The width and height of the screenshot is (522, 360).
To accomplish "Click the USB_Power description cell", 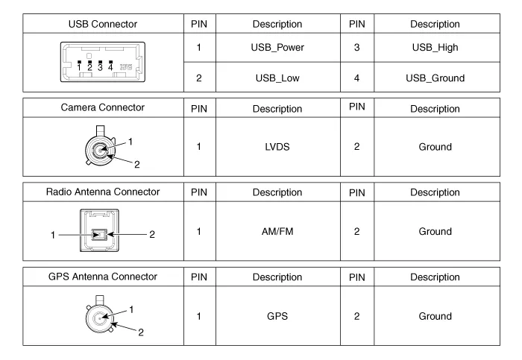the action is point(277,48).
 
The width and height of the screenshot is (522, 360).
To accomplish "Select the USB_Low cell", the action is point(277,78).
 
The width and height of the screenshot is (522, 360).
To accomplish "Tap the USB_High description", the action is point(435,48).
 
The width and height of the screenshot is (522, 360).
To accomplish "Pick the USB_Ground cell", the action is point(435,78).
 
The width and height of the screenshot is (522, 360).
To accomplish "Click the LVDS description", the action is point(277,147).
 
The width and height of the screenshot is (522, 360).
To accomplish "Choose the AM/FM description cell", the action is point(277,231).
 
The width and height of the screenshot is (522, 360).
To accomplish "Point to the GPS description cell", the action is point(277,316).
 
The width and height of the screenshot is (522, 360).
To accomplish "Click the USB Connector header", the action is point(103,24).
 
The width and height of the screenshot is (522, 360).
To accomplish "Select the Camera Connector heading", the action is point(103,107).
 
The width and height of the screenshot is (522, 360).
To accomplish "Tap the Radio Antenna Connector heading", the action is point(103,192).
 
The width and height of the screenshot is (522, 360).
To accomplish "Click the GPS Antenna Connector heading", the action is point(103,277).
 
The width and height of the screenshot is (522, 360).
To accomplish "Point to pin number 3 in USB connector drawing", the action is point(100,68).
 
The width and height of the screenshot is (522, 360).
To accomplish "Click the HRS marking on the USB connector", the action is point(126,67).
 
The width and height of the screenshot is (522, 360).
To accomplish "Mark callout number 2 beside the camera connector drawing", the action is point(136,165).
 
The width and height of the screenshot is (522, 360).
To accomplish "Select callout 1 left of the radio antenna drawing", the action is point(53,236).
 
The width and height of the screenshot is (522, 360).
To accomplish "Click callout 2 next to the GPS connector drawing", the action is point(141,332).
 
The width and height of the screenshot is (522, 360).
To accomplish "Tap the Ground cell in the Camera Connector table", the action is point(435,147).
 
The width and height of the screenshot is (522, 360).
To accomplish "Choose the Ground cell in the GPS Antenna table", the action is point(435,316).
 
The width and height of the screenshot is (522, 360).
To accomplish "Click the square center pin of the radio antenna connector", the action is point(99,235).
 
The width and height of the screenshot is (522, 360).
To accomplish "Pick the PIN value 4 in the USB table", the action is point(356,78).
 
